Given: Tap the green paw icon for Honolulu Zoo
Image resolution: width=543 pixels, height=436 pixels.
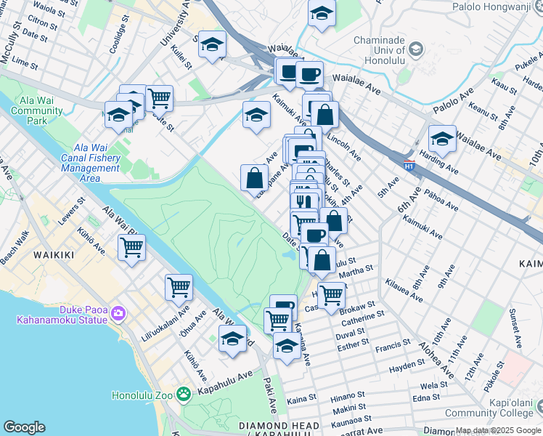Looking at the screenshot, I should click(184, 394).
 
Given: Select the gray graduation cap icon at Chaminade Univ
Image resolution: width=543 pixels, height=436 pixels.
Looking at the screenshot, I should click(415, 49).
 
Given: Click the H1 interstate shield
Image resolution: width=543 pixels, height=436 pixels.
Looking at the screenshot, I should click(409, 164).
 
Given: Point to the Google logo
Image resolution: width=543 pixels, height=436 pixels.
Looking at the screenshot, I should click(24, 427).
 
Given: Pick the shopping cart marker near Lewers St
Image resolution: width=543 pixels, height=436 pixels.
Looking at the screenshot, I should click(132, 247).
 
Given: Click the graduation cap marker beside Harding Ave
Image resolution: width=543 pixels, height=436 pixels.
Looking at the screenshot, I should click(442, 138).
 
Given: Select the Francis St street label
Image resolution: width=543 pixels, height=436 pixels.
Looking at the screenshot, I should click(393, 347).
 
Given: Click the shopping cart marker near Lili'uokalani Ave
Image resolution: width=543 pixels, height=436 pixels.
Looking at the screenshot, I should click(179, 287).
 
